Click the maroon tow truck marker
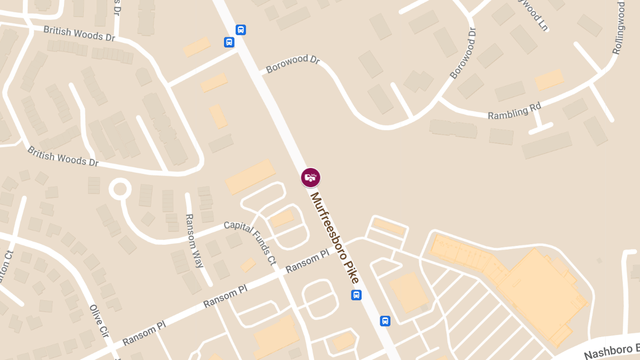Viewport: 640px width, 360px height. tap(310, 178)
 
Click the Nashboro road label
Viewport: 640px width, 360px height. tap(611, 350)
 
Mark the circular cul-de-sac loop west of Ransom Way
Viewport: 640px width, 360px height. tap(120, 189)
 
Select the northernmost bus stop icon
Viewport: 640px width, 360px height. tap(241, 30)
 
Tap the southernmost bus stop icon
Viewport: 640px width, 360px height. tap(385, 321)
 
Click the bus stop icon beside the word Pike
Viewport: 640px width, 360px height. tap(356, 295)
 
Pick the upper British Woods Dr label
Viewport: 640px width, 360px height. tap(79, 34)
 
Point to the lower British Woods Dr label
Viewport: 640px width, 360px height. tap(63, 156)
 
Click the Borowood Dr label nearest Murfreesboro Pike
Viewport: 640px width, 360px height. tap(293, 63)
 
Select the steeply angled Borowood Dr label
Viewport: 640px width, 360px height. tap(462, 52)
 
